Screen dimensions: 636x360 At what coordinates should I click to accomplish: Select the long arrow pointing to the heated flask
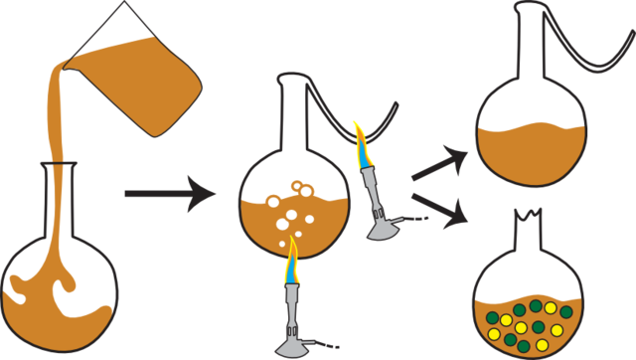(169, 193)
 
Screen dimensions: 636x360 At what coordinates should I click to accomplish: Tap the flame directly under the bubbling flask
(291, 261)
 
